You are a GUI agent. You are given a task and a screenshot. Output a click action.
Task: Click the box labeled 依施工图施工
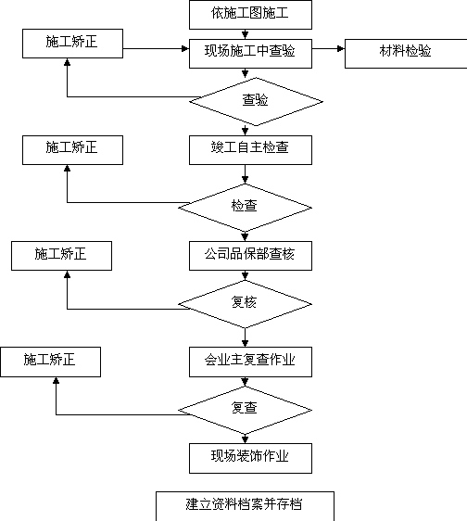(250, 15)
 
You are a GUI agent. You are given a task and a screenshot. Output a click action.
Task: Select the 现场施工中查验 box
(250, 54)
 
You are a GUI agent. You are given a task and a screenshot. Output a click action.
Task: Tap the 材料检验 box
(406, 54)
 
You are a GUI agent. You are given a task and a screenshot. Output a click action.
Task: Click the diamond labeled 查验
(256, 102)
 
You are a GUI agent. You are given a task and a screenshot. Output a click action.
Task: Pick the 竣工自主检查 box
(250, 150)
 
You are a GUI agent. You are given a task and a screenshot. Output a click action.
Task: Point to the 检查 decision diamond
(245, 208)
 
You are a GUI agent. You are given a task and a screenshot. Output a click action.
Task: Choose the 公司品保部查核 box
(250, 256)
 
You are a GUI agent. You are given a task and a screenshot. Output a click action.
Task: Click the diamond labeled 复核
(245, 304)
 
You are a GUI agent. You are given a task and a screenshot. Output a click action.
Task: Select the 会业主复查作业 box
(250, 362)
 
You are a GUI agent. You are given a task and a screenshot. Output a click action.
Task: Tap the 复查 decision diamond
(245, 410)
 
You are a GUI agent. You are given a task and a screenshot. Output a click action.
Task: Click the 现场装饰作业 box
(250, 458)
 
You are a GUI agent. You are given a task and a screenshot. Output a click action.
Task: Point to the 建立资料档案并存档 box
(245, 506)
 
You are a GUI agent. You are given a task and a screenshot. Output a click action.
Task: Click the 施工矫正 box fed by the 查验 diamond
(73, 44)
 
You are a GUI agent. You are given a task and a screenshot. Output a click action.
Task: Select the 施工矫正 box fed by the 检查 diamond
(73, 150)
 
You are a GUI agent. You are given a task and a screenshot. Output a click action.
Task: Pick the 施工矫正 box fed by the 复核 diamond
(61, 256)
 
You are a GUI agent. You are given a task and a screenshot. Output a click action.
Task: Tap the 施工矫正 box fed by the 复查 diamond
(50, 362)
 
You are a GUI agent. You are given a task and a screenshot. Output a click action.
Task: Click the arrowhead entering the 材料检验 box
(341, 49)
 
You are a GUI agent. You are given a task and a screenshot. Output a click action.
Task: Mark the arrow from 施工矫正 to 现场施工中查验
(156, 49)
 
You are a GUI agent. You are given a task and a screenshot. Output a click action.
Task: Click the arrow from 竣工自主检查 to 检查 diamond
(246, 174)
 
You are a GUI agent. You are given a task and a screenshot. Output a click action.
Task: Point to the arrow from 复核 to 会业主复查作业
(246, 337)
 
